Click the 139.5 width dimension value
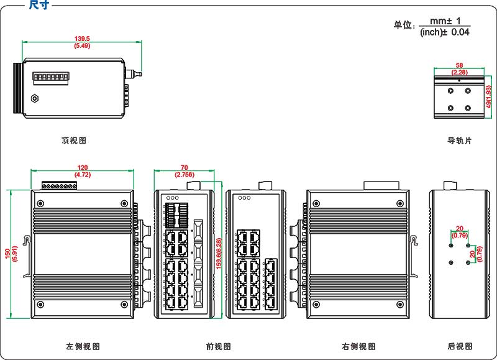tap(82, 39)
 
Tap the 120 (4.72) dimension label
tap(83, 171)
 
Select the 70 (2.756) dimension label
tap(185, 171)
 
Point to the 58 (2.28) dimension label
tap(459, 68)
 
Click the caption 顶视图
tap(74, 141)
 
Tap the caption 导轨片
tap(460, 141)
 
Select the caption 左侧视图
tap(83, 346)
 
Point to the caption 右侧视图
tap(358, 346)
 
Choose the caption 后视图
tap(460, 346)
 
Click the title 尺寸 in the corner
tap(39, 5)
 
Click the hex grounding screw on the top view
tap(35, 98)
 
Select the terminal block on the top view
tap(50, 76)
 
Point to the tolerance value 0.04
tap(460, 32)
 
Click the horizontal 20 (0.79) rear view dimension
tap(460, 231)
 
